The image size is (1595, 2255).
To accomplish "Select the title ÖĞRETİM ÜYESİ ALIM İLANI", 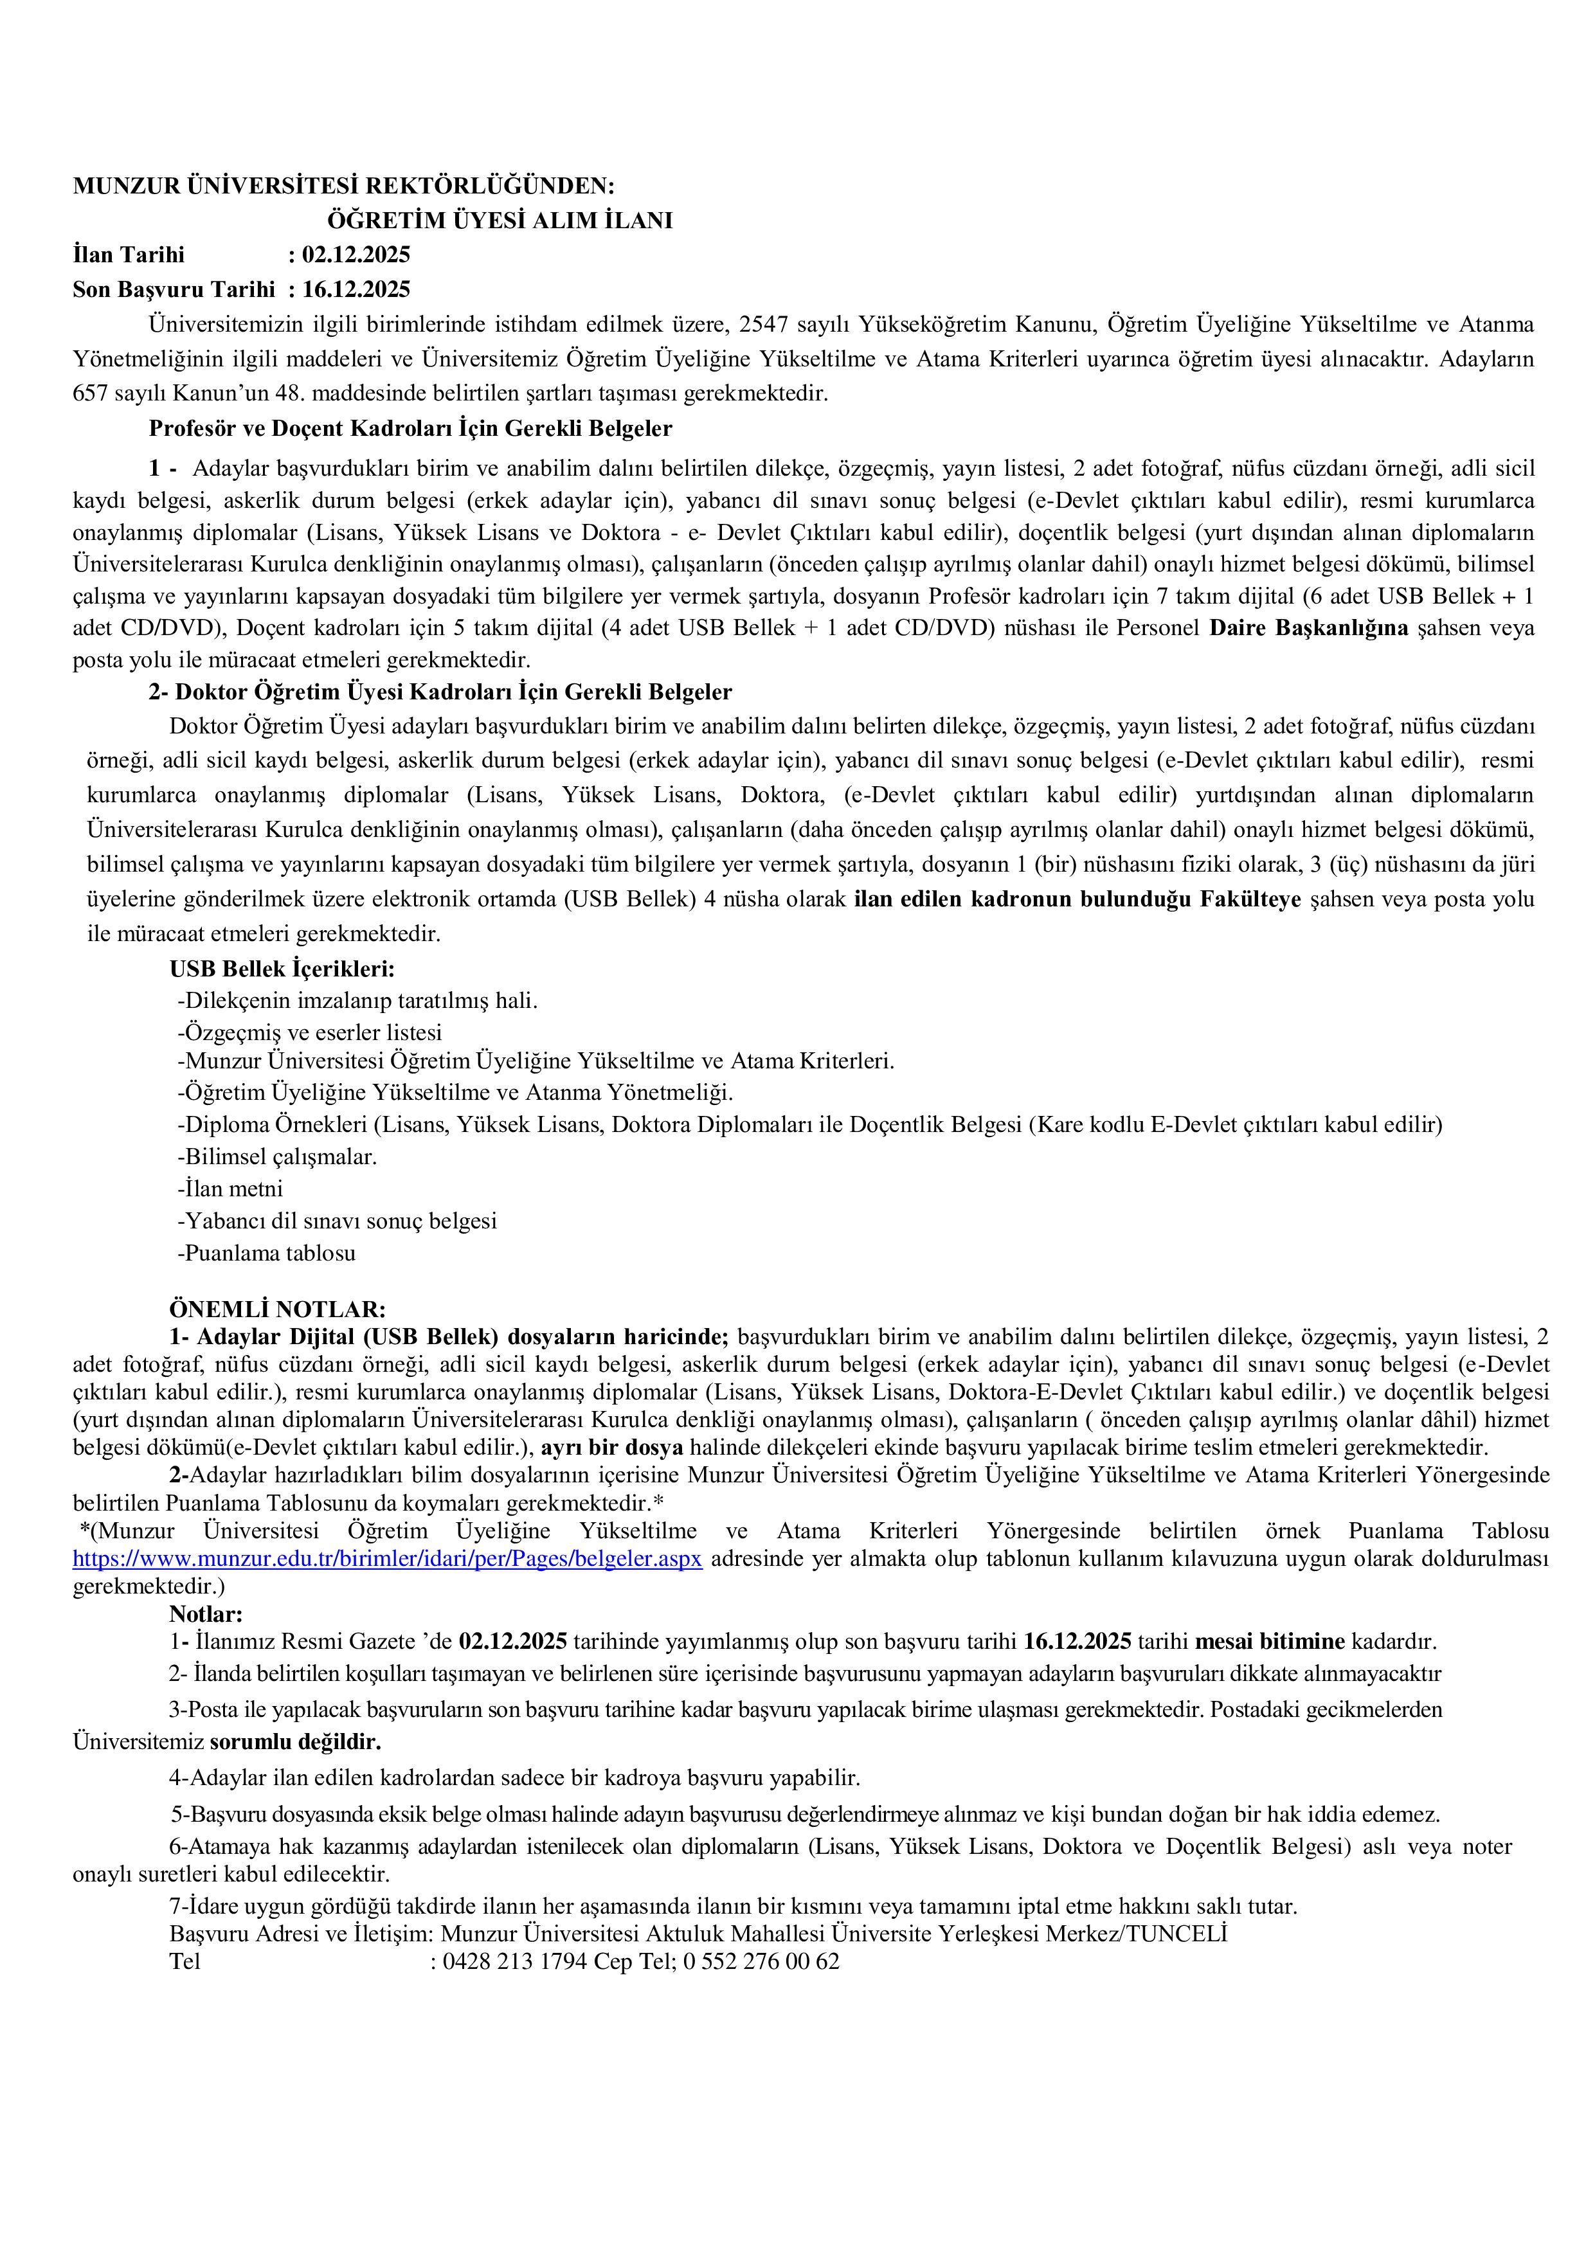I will click(x=500, y=220).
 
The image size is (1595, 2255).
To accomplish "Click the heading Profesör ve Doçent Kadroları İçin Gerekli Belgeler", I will click(x=411, y=428).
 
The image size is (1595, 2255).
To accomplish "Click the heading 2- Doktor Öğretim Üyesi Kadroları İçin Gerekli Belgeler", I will click(x=440, y=692).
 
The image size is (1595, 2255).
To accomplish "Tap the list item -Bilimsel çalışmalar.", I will click(x=277, y=1157).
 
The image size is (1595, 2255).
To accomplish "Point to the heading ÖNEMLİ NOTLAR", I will click(x=278, y=1309).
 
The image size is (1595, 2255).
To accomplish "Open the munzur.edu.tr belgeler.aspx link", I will click(x=387, y=1559).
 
